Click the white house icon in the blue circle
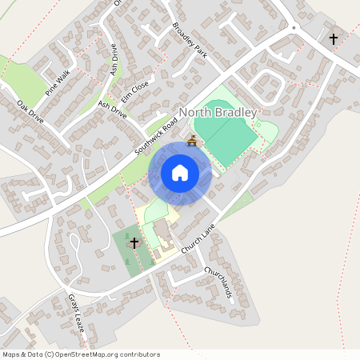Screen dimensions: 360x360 point(180,173)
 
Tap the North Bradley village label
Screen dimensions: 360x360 point(218,113)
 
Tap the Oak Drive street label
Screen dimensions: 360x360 point(30,113)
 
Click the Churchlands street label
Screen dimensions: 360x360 point(218,283)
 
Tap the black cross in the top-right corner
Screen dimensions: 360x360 point(333,38)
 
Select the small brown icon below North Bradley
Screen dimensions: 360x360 point(191,142)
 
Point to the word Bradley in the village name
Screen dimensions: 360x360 point(236,113)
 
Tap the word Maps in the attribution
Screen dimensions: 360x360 point(11,354)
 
